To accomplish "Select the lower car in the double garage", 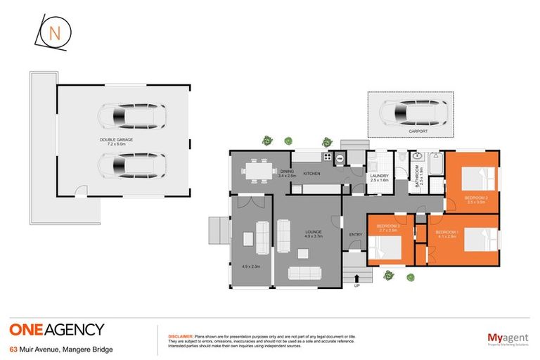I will [131, 166].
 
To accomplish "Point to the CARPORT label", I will [418, 131].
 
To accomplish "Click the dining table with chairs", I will [254, 171].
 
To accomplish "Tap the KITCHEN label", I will [311, 173].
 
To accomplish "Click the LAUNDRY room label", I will [380, 176].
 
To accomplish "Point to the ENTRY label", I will [355, 234].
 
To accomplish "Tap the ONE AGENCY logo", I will [57, 329].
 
